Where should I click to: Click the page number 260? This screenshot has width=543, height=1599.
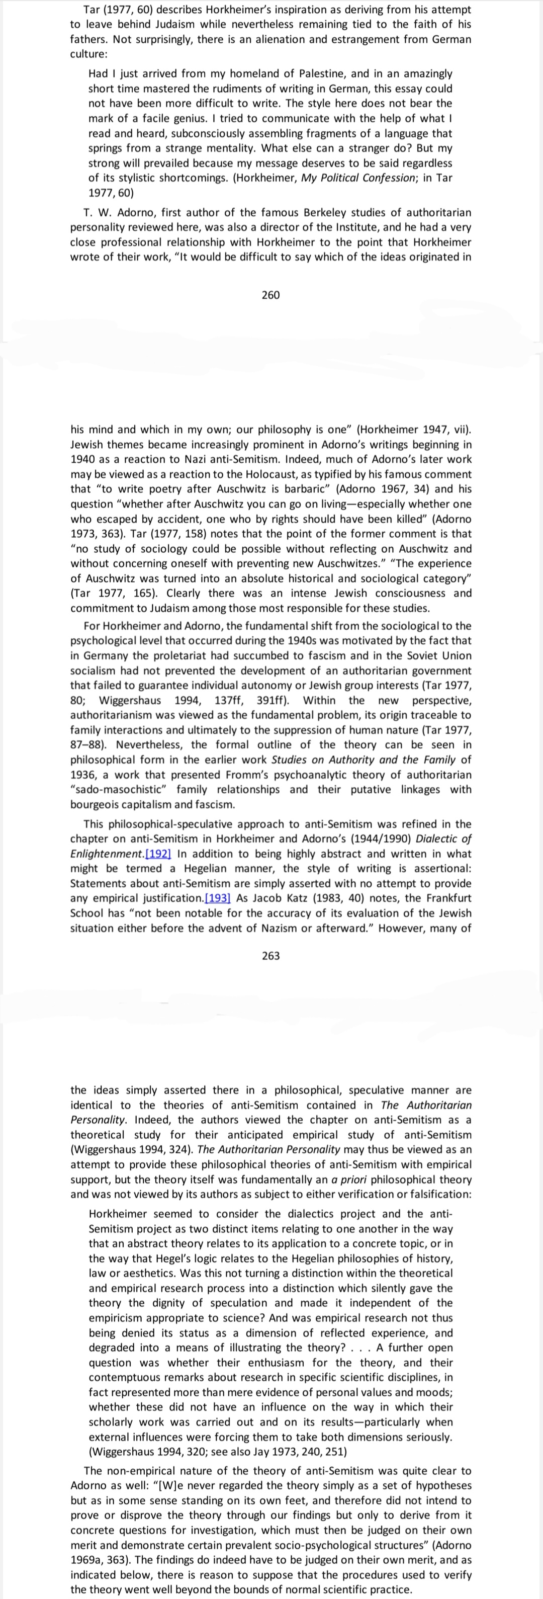270,295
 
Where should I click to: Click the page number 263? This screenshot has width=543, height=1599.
270,955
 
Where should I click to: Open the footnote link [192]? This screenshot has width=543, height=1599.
158,854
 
